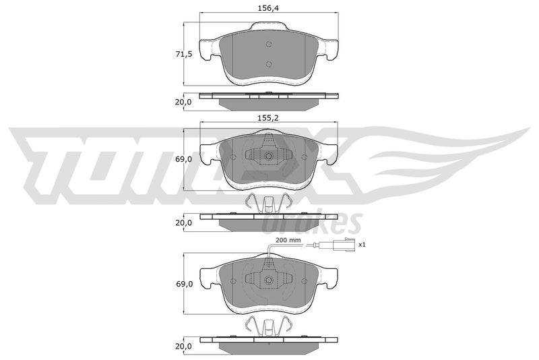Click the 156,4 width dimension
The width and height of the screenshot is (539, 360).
click(268, 8)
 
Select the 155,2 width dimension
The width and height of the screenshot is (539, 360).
click(268, 118)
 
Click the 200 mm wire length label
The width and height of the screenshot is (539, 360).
click(288, 240)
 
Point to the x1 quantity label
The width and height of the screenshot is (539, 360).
click(361, 245)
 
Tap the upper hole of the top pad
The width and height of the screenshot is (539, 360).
click(269, 44)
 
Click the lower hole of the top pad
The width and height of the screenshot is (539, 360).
click(269, 64)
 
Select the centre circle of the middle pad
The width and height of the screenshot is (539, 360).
click(269, 156)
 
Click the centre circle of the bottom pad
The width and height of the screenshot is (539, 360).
click(269, 280)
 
